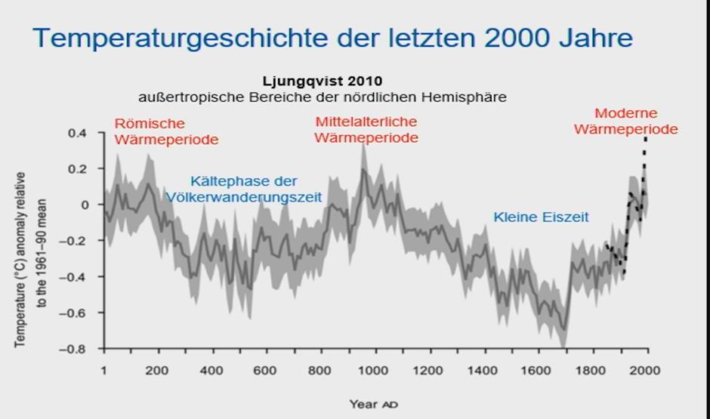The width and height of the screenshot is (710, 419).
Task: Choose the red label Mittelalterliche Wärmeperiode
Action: tap(366, 129)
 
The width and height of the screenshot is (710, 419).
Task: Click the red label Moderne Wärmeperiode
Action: tap(625, 122)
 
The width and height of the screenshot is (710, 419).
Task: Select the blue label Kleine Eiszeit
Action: tap(541, 217)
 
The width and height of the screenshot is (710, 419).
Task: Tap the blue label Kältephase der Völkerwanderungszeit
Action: tap(244, 189)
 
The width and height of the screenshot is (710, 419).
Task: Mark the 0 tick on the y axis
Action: tap(86, 205)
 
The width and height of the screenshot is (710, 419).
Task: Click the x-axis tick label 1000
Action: tap(374, 371)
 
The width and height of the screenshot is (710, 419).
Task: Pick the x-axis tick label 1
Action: tap(104, 371)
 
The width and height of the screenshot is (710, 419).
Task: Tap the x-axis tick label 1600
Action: tap(536, 371)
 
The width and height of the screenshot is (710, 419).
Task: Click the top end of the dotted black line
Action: tap(646, 137)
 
